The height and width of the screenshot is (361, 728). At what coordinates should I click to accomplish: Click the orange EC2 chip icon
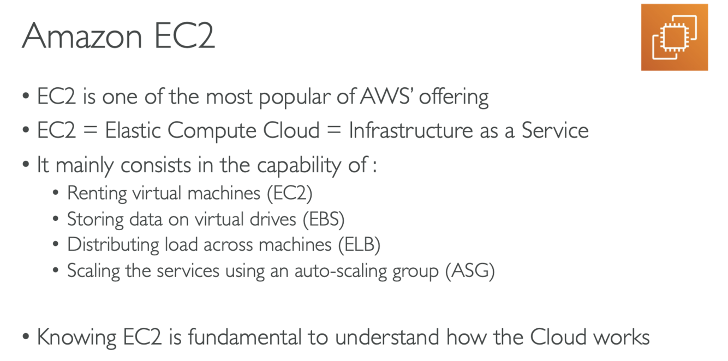coord(674,37)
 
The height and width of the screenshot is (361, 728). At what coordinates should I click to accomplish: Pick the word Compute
coord(212,131)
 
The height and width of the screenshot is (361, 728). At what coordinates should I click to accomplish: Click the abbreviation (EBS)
coord(324,219)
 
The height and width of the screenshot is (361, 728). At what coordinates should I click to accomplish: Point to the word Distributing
coord(114,245)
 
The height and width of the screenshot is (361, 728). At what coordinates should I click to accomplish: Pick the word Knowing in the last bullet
coord(77,337)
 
